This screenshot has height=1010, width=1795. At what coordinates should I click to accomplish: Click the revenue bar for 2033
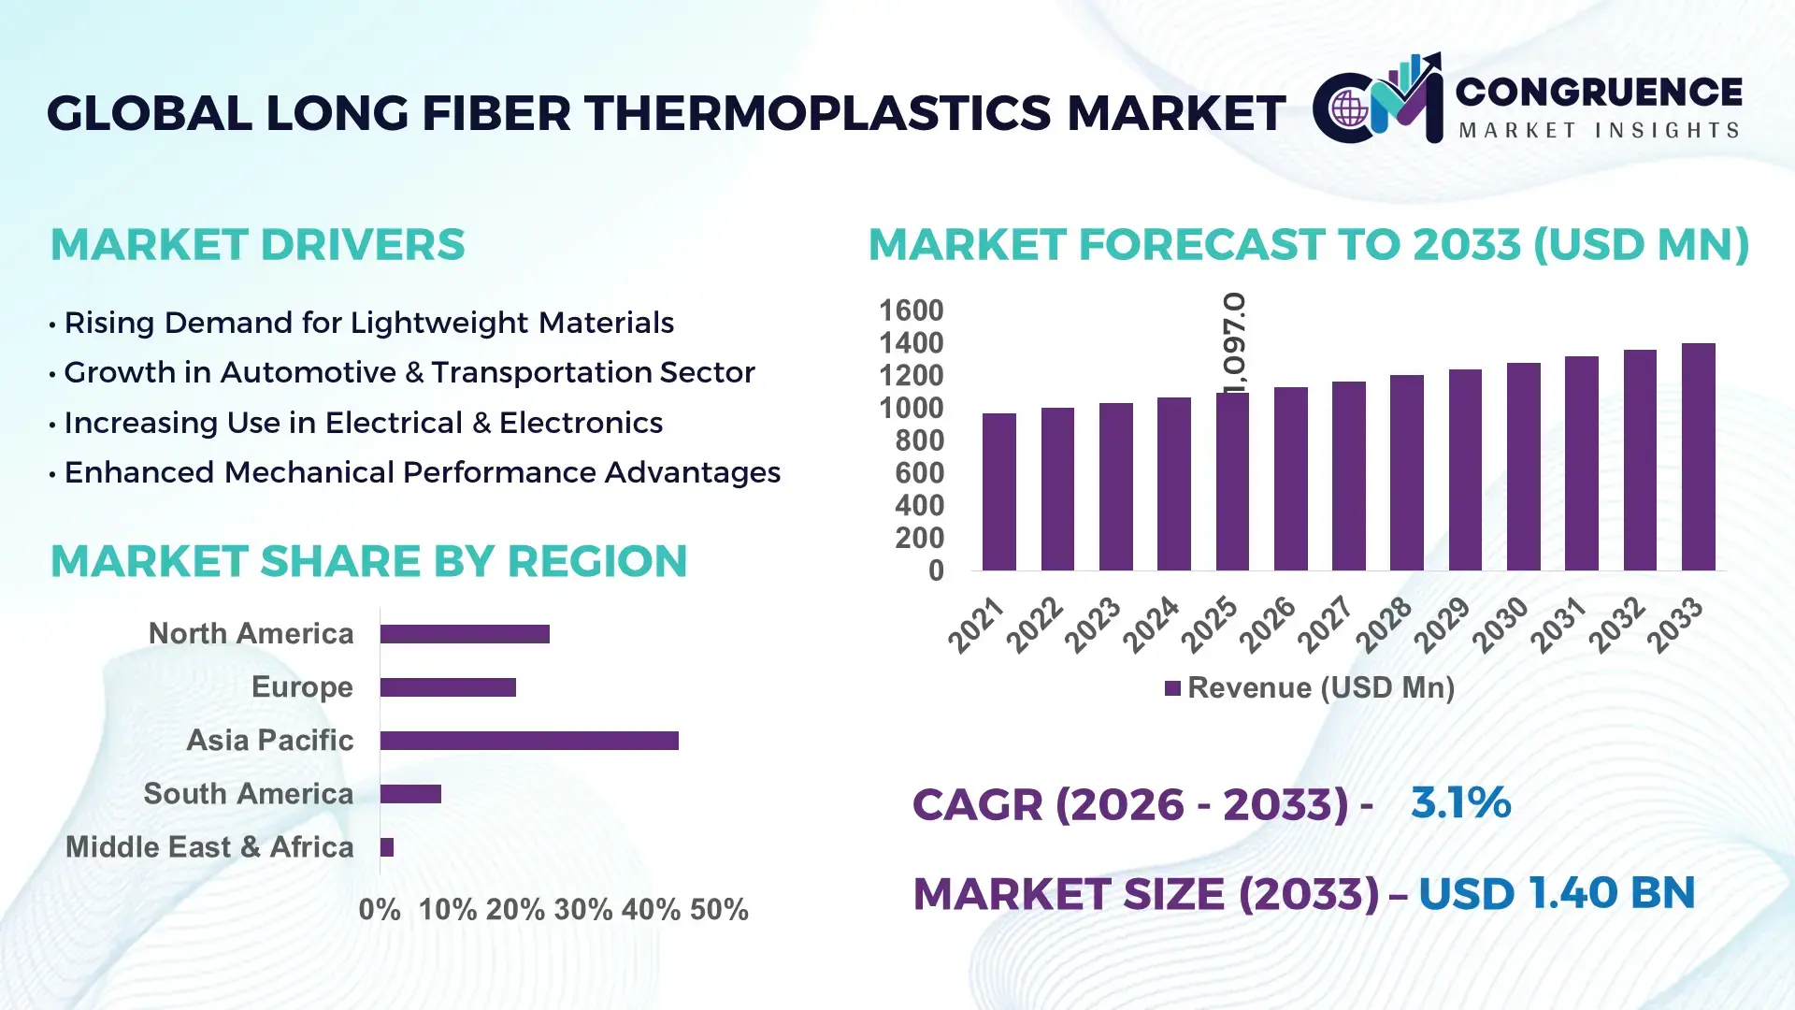point(1698,457)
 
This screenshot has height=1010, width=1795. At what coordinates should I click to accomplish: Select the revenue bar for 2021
point(998,492)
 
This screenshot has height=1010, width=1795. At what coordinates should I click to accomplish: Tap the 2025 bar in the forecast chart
point(1232,482)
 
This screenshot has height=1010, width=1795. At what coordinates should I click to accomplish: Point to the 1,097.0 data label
point(1234,342)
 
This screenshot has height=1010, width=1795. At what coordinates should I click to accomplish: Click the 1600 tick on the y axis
point(912,310)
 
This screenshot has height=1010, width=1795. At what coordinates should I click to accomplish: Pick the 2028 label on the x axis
point(1384,625)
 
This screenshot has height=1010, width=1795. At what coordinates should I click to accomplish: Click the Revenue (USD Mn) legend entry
point(1310,688)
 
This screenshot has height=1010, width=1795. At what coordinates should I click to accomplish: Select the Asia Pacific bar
point(529,741)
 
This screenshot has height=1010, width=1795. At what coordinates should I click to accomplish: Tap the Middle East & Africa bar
point(387,847)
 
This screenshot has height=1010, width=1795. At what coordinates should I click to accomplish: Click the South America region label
point(249,794)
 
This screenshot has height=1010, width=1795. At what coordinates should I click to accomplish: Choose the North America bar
point(465,634)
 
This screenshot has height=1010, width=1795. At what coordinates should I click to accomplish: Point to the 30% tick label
point(583,910)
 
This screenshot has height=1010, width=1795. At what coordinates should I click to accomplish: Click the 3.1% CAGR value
point(1460,803)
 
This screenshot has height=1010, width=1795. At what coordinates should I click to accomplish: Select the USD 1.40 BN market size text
point(1557,893)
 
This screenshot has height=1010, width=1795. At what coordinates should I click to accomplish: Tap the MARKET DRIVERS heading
point(257,245)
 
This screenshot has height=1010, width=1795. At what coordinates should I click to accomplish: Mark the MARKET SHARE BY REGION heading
point(368,561)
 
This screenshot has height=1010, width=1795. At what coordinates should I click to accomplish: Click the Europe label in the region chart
point(302,687)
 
